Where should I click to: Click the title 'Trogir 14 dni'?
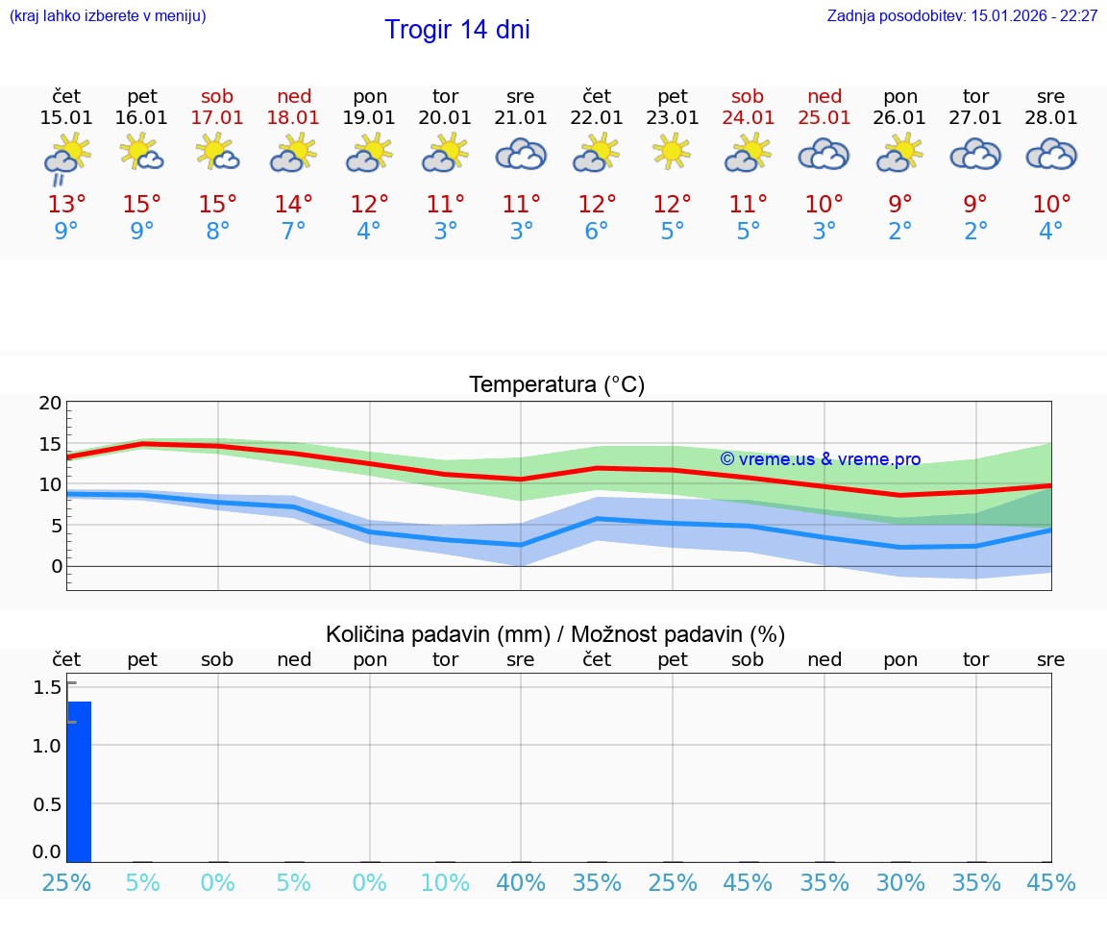point(456,30)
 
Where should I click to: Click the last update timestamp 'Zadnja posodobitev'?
point(962,15)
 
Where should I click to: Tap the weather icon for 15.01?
point(66,155)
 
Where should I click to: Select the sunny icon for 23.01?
point(672,151)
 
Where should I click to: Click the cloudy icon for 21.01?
point(521,154)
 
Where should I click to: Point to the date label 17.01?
point(218,118)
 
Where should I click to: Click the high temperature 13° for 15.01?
point(66,205)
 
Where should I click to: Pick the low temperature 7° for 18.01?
point(293,232)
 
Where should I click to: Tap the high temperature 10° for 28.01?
point(1051,205)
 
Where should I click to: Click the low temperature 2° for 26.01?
point(900,232)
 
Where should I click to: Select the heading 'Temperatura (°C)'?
point(556,385)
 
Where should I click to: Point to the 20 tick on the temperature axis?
point(50,404)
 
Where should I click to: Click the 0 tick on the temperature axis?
point(56,566)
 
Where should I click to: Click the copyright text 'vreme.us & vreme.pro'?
point(821,459)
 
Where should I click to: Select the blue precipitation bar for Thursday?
point(79,781)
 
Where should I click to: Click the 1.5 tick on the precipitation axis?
point(48,687)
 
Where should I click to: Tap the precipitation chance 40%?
point(521,882)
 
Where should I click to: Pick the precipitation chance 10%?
point(445,882)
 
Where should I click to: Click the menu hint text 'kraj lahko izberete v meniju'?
point(108,15)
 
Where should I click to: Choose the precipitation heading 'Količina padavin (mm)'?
point(437,634)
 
